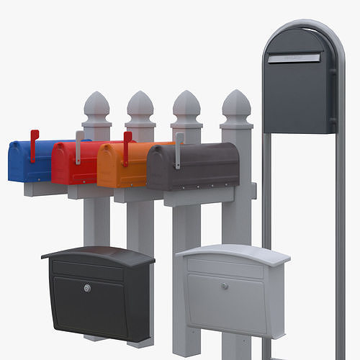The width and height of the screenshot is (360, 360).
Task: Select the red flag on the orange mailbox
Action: [127, 147]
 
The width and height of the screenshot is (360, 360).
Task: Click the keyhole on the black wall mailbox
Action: [87, 288]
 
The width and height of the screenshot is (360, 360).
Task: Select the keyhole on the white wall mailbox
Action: [224, 286]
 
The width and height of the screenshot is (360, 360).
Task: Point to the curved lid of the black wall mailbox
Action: [97, 255]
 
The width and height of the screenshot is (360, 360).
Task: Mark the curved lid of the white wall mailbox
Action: [233, 253]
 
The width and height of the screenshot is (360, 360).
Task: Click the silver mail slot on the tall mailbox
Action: [293, 58]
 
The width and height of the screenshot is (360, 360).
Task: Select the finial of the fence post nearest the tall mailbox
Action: [235, 106]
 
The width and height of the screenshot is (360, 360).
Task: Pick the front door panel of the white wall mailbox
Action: [225, 300]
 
